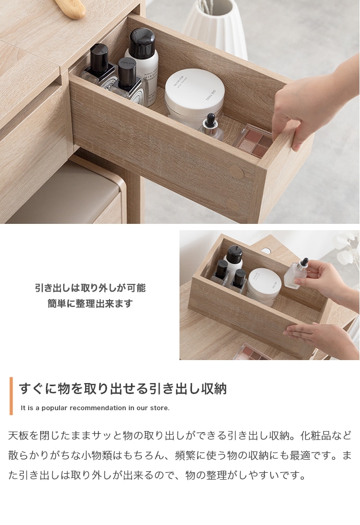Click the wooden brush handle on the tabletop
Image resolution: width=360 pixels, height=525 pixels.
pyautogui.click(x=70, y=8)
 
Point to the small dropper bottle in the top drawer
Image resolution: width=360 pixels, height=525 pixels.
pyautogui.click(x=212, y=127)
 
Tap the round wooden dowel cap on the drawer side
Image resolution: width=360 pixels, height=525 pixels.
pyautogui.click(x=236, y=173)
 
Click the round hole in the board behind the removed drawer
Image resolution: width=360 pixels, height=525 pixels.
pyautogui.click(x=266, y=250)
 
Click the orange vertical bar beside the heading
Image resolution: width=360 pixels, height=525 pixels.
pyautogui.click(x=11, y=396)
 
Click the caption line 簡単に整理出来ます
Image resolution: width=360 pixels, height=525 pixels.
pyautogui.click(x=90, y=304)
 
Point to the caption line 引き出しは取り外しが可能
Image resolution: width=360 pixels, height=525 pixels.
pyautogui.click(x=90, y=288)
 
